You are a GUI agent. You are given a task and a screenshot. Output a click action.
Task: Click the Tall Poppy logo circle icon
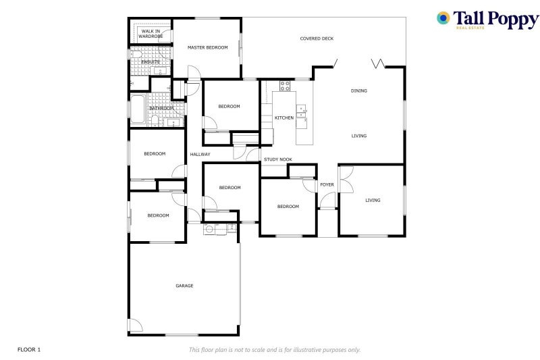coord(443,18)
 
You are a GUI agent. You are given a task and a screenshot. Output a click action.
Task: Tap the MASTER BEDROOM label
coord(207,47)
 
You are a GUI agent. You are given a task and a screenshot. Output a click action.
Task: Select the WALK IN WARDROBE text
coord(151,34)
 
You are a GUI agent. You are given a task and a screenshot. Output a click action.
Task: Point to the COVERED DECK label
coord(317,38)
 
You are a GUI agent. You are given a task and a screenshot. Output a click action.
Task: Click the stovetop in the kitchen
coord(285,86)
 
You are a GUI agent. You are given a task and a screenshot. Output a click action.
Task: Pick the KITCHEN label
coord(284,118)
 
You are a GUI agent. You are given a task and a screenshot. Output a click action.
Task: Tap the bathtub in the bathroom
coord(138,109)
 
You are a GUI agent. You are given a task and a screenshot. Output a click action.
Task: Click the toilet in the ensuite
coord(136,55)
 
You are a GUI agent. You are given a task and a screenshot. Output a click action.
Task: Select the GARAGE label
coord(184,286)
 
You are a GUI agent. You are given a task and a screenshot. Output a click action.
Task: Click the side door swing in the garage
coord(136,325)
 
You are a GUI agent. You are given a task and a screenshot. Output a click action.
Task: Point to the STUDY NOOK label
coord(278,159)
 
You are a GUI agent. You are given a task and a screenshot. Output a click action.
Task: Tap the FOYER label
coord(327,184)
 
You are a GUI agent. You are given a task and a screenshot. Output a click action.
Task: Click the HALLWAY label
coord(200,155)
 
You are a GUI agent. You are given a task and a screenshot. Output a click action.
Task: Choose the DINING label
coord(359,91)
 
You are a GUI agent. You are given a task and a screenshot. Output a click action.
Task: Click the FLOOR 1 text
coord(29,350)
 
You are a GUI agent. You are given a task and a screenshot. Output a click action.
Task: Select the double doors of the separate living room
coord(346,180)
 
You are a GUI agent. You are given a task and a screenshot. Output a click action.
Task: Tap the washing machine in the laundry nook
coord(209,229)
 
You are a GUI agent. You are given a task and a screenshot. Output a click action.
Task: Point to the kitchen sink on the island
coord(301,111)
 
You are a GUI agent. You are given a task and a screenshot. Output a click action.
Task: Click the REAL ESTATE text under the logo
coord(470,28)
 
